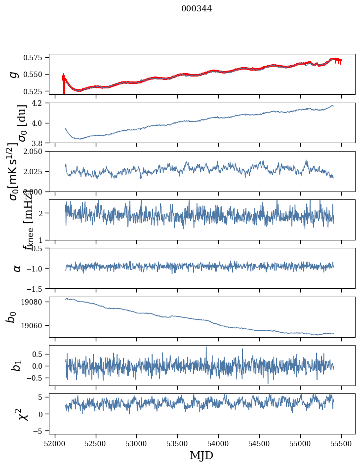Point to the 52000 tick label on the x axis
[55, 443]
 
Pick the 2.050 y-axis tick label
[35, 152]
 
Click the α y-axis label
[17, 268]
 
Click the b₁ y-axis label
[17, 366]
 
